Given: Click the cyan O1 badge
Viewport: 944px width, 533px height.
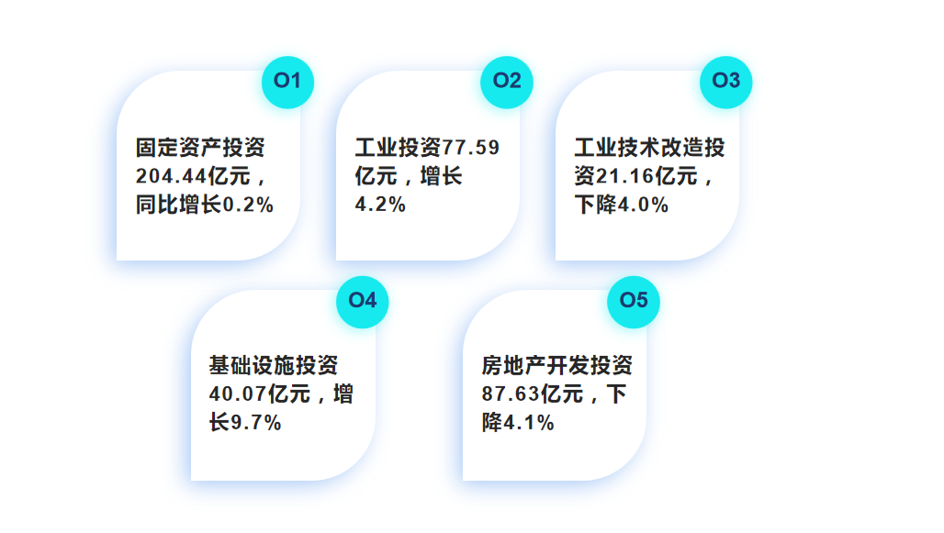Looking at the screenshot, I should pos(287,81).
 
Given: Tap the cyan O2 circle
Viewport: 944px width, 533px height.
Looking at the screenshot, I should pos(507,81).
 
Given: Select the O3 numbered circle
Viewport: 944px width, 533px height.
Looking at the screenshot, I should pos(726,81).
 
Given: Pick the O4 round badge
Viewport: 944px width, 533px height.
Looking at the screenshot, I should pos(363,301).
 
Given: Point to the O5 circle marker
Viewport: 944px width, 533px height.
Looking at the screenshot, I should pos(634,301).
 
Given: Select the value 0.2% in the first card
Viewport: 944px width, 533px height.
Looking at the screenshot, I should pos(249,205).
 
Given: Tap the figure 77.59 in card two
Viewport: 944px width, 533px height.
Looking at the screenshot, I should pos(471,148).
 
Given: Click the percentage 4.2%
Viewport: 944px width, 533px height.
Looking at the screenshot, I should pos(380,205).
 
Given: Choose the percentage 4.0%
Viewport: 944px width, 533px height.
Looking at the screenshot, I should pos(642,205).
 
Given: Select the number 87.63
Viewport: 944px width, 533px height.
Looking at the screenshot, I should pos(511,394).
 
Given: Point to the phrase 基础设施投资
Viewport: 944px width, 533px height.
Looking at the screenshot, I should pos(274,366).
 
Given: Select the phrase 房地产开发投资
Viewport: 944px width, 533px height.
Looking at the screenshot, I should pos(556,366).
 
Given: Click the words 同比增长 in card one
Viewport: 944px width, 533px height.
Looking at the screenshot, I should pos(179,205).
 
